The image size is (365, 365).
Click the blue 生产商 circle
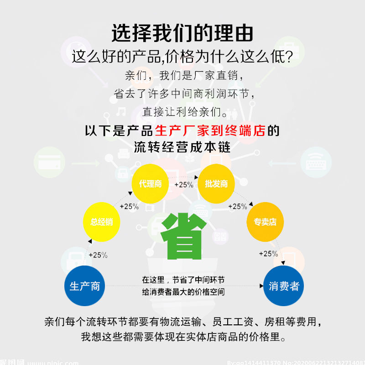(x=85, y=286)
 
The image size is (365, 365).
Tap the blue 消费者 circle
(x=284, y=286)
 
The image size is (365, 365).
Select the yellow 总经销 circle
(x=101, y=222)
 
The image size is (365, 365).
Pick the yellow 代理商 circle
(x=150, y=184)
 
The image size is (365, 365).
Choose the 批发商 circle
(x=216, y=184)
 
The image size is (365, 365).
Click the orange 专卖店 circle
(x=265, y=222)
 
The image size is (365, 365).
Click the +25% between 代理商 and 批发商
(x=183, y=185)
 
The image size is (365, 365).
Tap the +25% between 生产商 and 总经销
(x=98, y=255)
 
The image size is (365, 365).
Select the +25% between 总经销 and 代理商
(x=129, y=206)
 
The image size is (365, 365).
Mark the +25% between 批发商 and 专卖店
(x=237, y=206)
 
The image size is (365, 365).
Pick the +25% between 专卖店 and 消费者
(x=268, y=254)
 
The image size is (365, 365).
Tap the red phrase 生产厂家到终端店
(x=210, y=131)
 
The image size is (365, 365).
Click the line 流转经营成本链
(x=182, y=147)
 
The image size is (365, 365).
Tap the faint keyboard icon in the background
(x=316, y=162)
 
